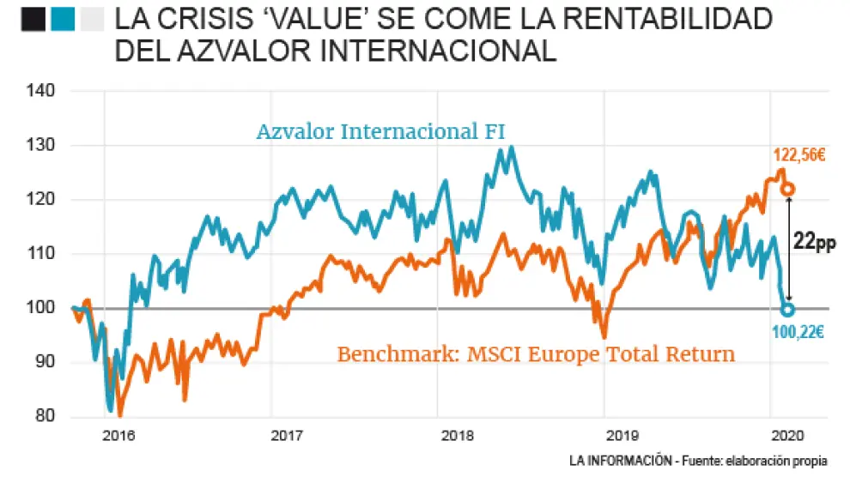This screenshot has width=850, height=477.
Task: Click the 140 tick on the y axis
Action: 41,91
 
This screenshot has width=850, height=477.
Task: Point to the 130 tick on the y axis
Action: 41,145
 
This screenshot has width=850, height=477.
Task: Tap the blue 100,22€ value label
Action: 797,332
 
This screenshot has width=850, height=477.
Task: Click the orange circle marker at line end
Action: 787,189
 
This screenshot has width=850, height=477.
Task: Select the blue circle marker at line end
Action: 787,310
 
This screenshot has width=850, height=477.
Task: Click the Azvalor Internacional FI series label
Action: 380,132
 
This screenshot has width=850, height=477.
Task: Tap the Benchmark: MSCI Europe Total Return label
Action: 535,353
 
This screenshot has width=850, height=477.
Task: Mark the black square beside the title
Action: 33,19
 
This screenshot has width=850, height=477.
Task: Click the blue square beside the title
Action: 62,19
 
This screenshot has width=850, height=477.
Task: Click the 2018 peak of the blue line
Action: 512,147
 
